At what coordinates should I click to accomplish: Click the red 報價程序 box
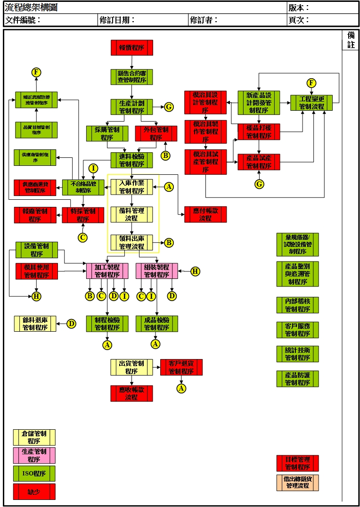coord(132,48)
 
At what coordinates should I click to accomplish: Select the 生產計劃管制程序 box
coord(132,107)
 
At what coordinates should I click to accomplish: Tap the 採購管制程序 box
coord(107,133)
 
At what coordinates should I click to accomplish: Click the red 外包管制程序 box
coord(156,133)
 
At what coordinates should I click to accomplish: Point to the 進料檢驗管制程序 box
coord(132,160)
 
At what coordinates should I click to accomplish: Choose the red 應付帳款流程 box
coord(205,214)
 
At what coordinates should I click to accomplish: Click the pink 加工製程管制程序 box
coord(107,271)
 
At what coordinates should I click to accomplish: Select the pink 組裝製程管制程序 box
coord(157,271)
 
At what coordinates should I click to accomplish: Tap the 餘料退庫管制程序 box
coord(35,324)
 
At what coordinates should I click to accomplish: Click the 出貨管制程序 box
coord(132,367)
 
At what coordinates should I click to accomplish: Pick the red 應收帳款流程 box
coord(132,393)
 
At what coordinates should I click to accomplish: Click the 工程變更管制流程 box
coord(312,103)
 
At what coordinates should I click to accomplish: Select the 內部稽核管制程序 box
coord(297,305)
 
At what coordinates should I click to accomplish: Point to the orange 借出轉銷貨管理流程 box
coord(297,482)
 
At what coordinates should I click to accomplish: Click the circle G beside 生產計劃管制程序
coord(169,107)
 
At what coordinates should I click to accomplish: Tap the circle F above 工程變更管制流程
coord(311,83)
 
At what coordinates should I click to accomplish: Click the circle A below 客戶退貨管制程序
coord(181,388)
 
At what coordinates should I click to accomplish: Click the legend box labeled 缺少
coord(34,491)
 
